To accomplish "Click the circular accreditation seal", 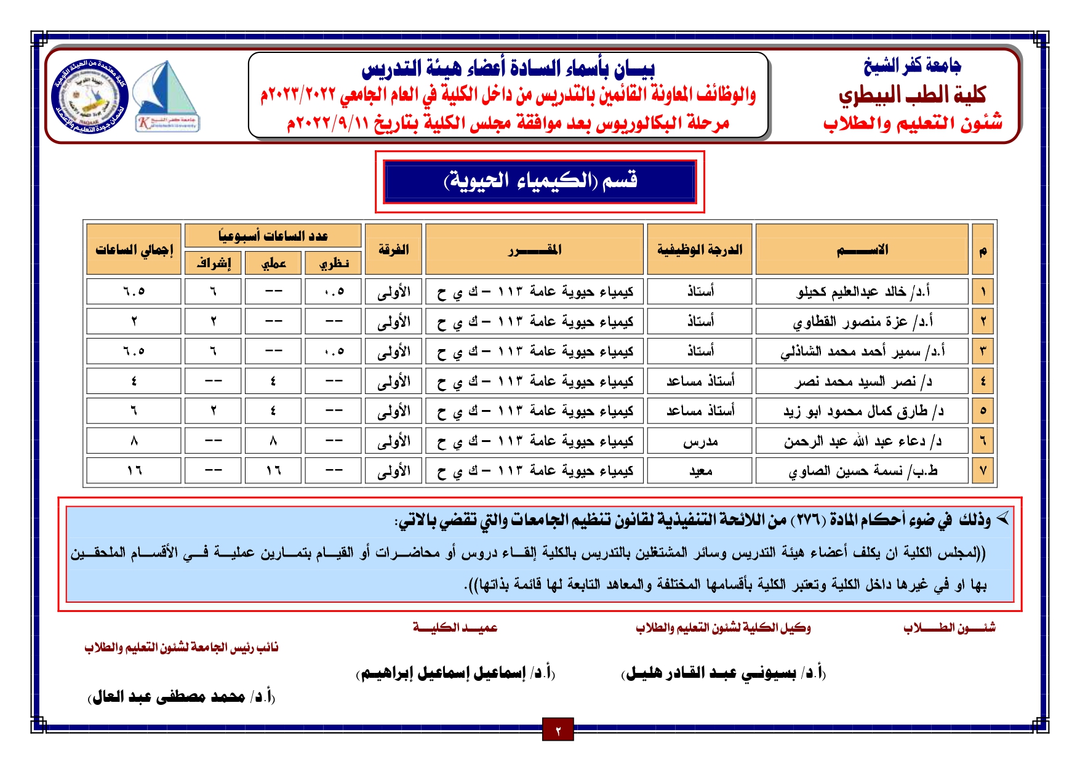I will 90,97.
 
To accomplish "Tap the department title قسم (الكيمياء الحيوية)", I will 540,181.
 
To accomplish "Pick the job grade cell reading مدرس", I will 700,441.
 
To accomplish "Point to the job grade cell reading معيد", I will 700,471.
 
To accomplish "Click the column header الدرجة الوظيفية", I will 700,249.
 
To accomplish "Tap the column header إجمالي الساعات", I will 134,249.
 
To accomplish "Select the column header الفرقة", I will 393,249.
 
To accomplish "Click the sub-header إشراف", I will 214,263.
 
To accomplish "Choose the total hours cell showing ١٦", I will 134,471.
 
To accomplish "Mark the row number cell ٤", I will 983,381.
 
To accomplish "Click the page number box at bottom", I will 558,730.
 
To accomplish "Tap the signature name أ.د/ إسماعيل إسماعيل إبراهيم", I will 455,673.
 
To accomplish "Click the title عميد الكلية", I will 455,627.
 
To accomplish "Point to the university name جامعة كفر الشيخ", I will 912,65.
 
